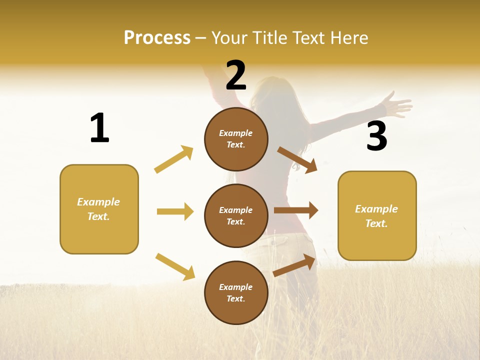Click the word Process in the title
(157, 38)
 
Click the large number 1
(99, 128)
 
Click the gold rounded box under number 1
(99, 209)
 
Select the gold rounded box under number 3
(377, 215)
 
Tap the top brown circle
(236, 139)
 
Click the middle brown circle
(236, 215)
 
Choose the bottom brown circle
(236, 292)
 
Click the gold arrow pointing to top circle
(174, 159)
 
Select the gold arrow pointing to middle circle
(175, 211)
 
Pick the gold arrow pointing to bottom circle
(175, 266)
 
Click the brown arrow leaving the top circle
(297, 160)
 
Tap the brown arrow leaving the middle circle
(296, 210)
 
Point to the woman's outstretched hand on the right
(398, 105)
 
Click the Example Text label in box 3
(376, 216)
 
